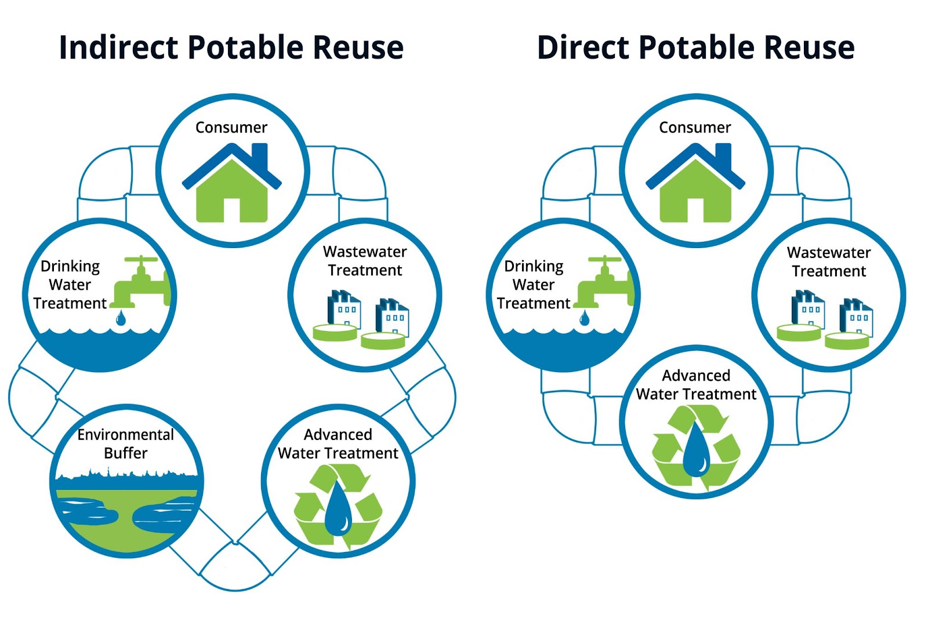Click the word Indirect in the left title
[118, 48]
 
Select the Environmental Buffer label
[125, 443]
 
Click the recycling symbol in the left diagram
[338, 504]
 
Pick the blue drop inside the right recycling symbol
[696, 449]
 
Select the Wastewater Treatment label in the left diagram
[365, 261]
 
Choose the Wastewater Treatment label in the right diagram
[828, 261]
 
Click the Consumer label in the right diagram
[695, 128]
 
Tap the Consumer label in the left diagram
[231, 128]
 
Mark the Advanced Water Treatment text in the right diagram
[696, 385]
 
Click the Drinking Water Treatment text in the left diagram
[70, 285]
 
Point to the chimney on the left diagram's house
[260, 155]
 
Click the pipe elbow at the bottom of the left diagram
[235, 565]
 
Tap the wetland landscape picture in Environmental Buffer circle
[126, 510]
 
